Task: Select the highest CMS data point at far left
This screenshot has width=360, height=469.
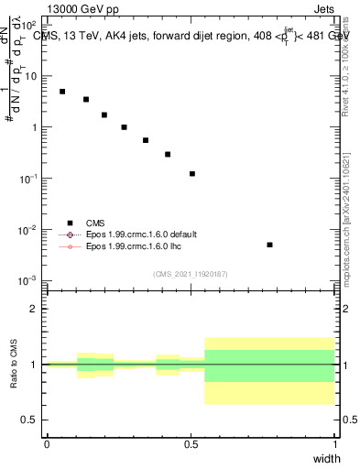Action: (x=62, y=92)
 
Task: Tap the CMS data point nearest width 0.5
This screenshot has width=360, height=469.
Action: (x=192, y=173)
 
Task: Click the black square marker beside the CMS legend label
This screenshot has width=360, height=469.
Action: (x=70, y=222)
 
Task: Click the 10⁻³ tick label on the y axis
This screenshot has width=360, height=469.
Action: (x=29, y=280)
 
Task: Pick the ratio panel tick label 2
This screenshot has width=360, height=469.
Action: (x=35, y=309)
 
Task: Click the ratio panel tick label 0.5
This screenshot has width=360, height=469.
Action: (x=31, y=420)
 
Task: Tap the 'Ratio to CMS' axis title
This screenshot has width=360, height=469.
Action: (x=14, y=364)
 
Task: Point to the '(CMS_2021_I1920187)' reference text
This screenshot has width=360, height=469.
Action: (x=190, y=273)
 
